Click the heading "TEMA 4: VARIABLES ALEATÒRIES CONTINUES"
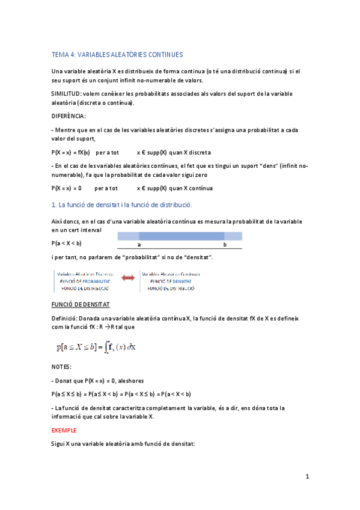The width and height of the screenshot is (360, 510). pos(117,54)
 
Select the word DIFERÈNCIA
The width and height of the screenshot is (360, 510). pos(69,116)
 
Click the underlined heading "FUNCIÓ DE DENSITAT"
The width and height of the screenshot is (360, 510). pos(81,306)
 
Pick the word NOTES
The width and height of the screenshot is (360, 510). pos(62,366)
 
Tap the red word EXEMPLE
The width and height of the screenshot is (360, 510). pos(64,431)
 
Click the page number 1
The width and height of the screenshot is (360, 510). pos(307,477)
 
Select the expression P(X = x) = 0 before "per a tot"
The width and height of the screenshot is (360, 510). pos(67,188)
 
